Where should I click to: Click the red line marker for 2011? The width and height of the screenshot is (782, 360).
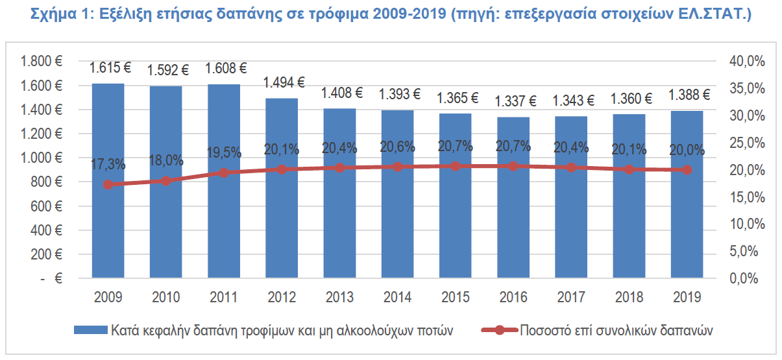tap(223, 173)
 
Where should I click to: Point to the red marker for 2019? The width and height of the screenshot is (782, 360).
tap(687, 170)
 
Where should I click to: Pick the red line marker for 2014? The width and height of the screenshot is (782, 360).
tap(397, 167)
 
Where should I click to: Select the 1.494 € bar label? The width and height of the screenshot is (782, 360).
tap(284, 82)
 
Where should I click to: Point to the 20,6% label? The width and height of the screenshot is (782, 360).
tap(397, 148)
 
